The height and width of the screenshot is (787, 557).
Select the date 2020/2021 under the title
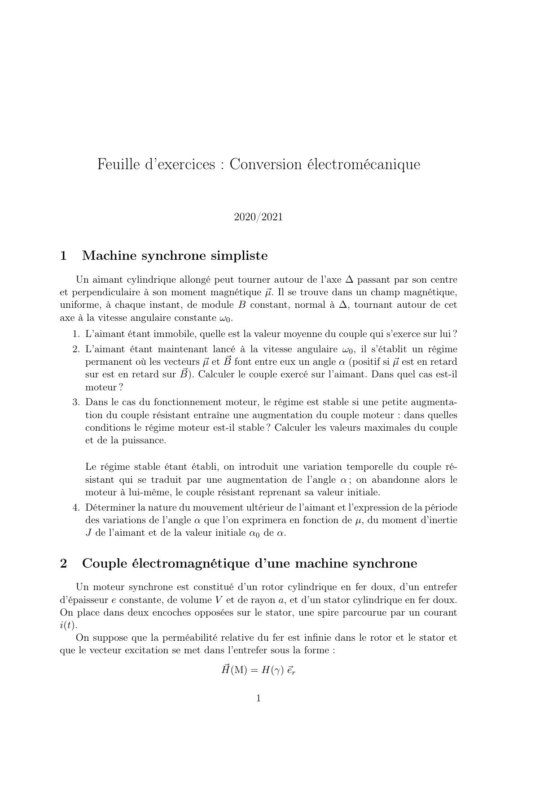coord(258,217)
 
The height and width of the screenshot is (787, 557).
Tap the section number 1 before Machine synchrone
coord(63,256)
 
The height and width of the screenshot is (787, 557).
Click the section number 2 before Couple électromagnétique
coord(63,564)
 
